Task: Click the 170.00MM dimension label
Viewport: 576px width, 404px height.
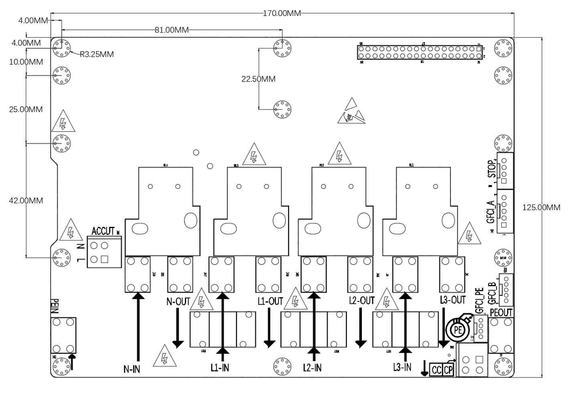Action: coord(282,13)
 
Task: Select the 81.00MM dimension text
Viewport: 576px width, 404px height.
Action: coord(171,30)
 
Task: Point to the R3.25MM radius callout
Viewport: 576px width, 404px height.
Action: coord(97,55)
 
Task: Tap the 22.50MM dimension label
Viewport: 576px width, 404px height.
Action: coord(258,79)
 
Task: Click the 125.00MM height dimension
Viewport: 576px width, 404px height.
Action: coord(541,207)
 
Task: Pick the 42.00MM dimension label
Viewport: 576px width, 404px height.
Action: coord(26,200)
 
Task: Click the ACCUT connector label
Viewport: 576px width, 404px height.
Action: coord(103,231)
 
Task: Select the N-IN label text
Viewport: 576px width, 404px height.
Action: coord(132,369)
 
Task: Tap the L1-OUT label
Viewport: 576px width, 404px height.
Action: coord(270,301)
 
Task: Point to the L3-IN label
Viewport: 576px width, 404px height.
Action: coord(402,366)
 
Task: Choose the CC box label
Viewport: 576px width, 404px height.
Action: coord(436,370)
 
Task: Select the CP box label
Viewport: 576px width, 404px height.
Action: coord(448,370)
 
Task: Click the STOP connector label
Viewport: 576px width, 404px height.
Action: coord(491,169)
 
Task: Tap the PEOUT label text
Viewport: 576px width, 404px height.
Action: coord(501,312)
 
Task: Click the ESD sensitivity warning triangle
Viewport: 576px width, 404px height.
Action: coord(352,111)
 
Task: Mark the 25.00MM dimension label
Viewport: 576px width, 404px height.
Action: coord(26,109)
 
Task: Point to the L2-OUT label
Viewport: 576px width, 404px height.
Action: coord(362,301)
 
